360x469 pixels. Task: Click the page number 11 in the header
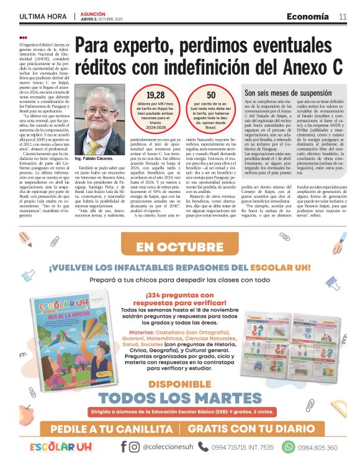(343, 16)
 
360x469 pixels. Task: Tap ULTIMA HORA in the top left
(43, 16)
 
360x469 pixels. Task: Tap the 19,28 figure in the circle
(155, 95)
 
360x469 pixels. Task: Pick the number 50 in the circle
(212, 95)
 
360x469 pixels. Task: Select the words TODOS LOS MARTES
(179, 398)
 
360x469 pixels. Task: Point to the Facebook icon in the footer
(124, 447)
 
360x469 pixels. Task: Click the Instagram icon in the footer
(134, 447)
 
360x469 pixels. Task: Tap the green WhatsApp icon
(289, 447)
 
